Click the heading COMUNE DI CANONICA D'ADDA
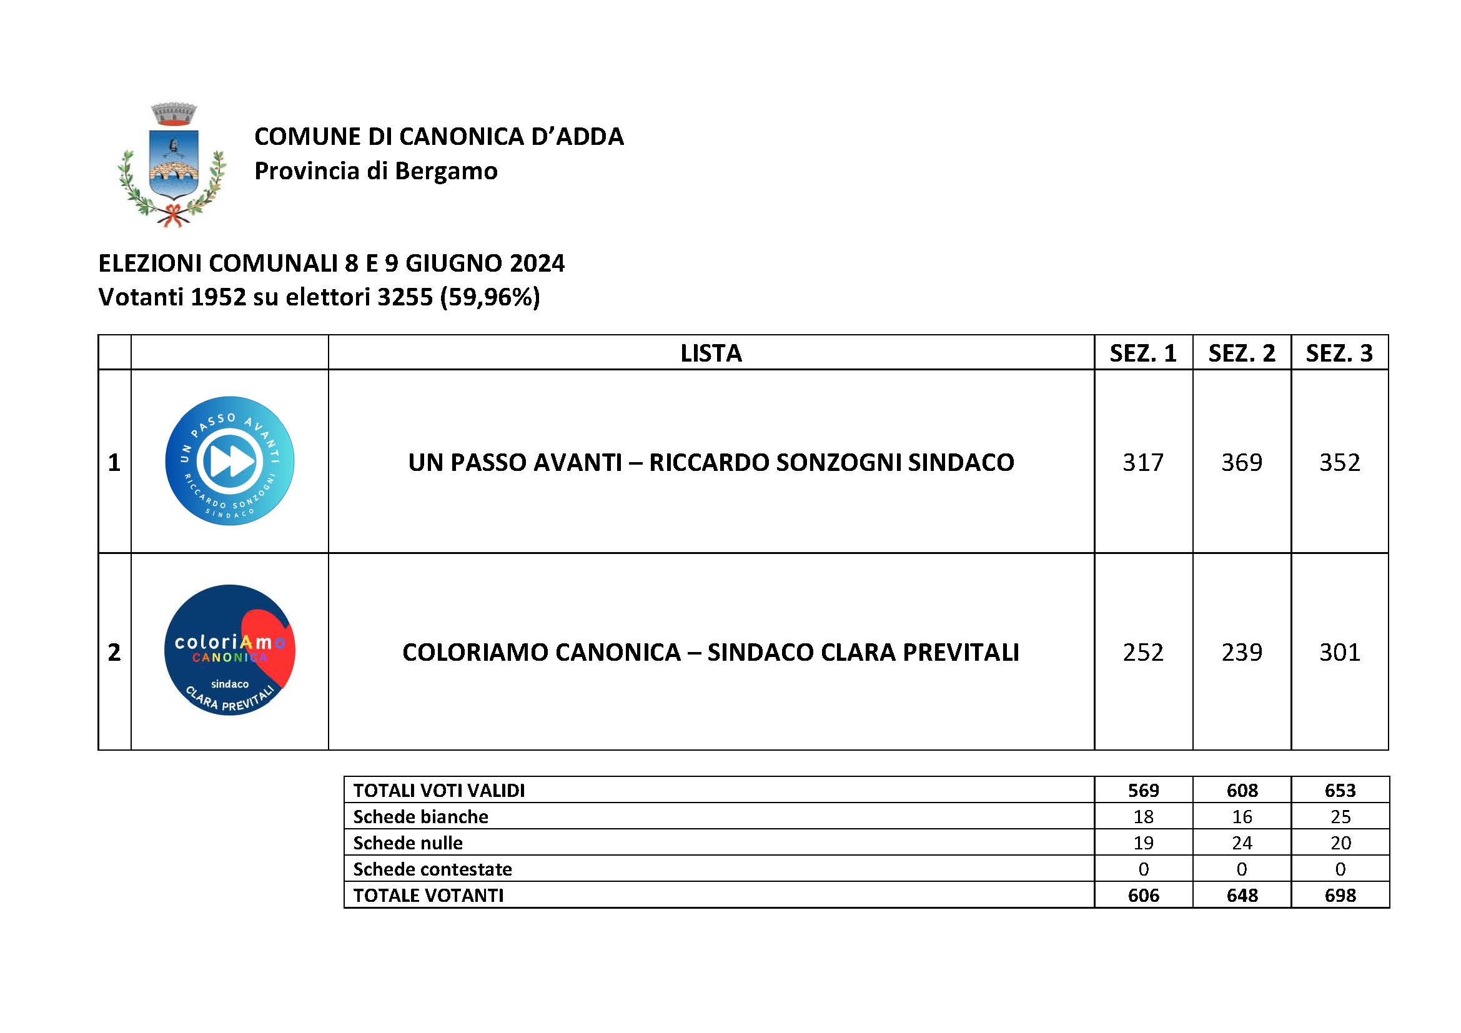[438, 137]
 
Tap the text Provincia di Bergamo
[375, 171]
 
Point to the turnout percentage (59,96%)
[489, 297]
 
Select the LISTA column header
[711, 353]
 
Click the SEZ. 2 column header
[1242, 353]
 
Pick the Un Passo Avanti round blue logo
[230, 461]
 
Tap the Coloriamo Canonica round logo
[230, 650]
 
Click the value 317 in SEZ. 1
[1143, 462]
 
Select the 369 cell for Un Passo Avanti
[1242, 462]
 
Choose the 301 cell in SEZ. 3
[1339, 652]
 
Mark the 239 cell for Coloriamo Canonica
[1242, 652]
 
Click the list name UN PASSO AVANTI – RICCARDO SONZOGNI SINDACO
[711, 462]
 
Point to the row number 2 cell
[114, 652]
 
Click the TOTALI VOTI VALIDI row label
[439, 791]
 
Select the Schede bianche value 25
[1340, 817]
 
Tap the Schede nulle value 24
[1242, 843]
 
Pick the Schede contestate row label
[433, 869]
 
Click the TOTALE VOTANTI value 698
[1340, 896]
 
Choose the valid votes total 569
[1144, 791]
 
